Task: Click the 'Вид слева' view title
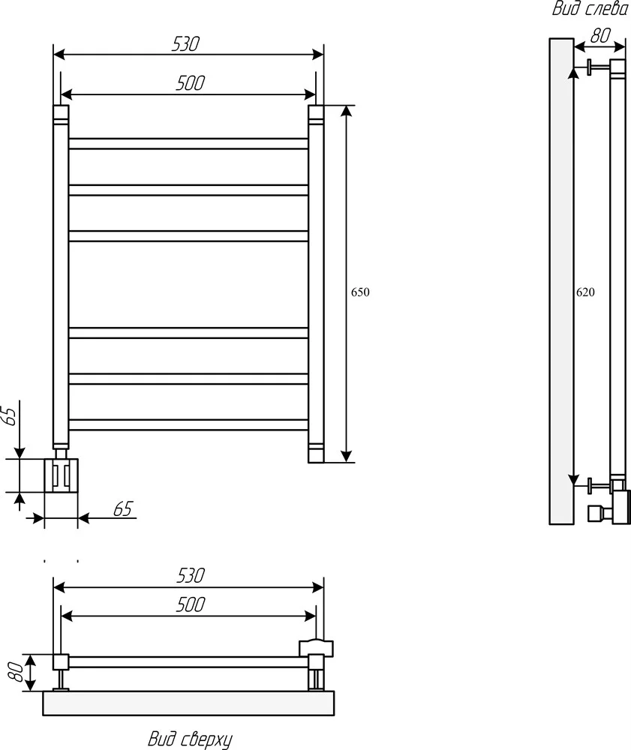click(x=590, y=8)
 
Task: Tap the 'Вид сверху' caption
click(x=191, y=739)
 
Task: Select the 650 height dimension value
click(x=360, y=292)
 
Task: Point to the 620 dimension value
click(x=585, y=292)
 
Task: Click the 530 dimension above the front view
click(x=185, y=44)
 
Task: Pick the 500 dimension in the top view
click(x=191, y=604)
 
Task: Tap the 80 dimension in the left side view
click(x=600, y=35)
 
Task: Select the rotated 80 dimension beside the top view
click(x=16, y=672)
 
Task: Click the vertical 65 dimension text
click(x=11, y=414)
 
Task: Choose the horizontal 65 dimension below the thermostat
click(x=123, y=509)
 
